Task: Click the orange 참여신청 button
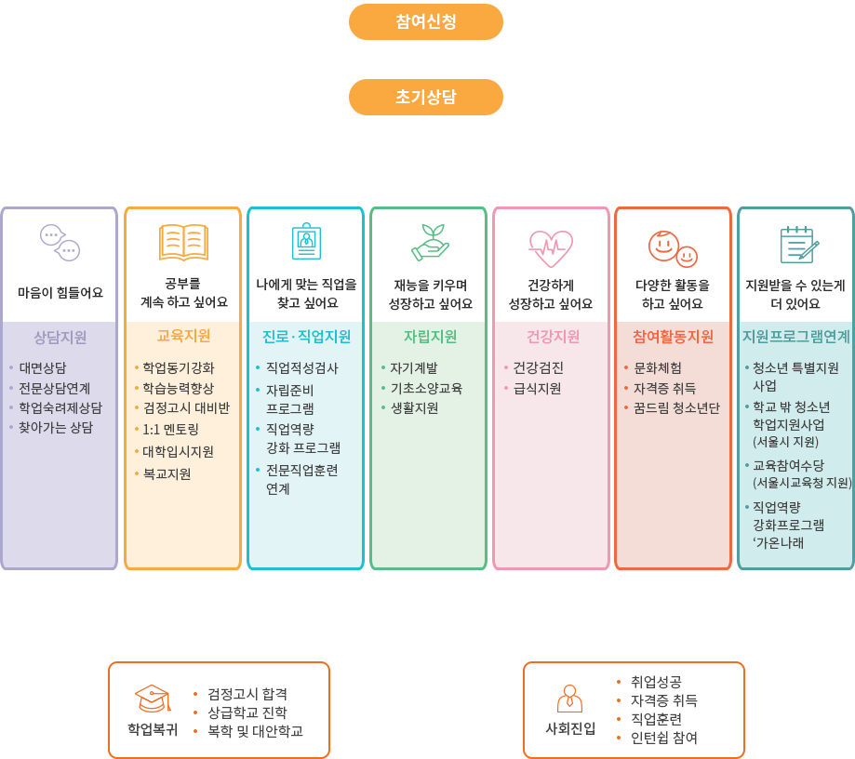426,21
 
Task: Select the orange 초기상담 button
426,97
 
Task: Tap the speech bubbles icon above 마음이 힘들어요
60,243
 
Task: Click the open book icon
184,242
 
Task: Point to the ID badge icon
306,241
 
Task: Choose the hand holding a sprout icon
430,242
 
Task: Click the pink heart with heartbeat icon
551,248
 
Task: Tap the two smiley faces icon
673,248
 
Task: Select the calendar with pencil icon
799,245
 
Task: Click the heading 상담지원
60,338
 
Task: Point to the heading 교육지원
183,336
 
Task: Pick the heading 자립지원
430,337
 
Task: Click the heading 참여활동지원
673,337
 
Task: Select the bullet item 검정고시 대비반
186,407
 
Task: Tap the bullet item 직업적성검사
302,368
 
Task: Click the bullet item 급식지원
537,388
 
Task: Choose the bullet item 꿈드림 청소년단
676,407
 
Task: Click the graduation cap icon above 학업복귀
153,699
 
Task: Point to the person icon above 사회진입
569,699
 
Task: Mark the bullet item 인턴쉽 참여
664,738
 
